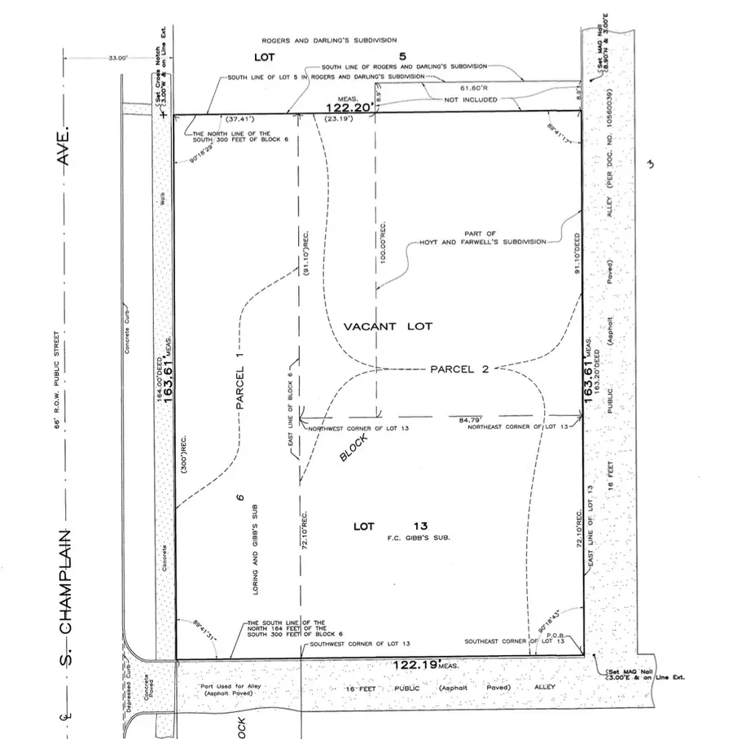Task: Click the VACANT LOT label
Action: [x=388, y=326]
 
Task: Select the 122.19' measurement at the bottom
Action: [x=419, y=665]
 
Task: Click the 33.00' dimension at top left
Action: [x=119, y=58]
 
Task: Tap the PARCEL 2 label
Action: [x=459, y=369]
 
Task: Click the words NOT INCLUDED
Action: [x=472, y=99]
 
